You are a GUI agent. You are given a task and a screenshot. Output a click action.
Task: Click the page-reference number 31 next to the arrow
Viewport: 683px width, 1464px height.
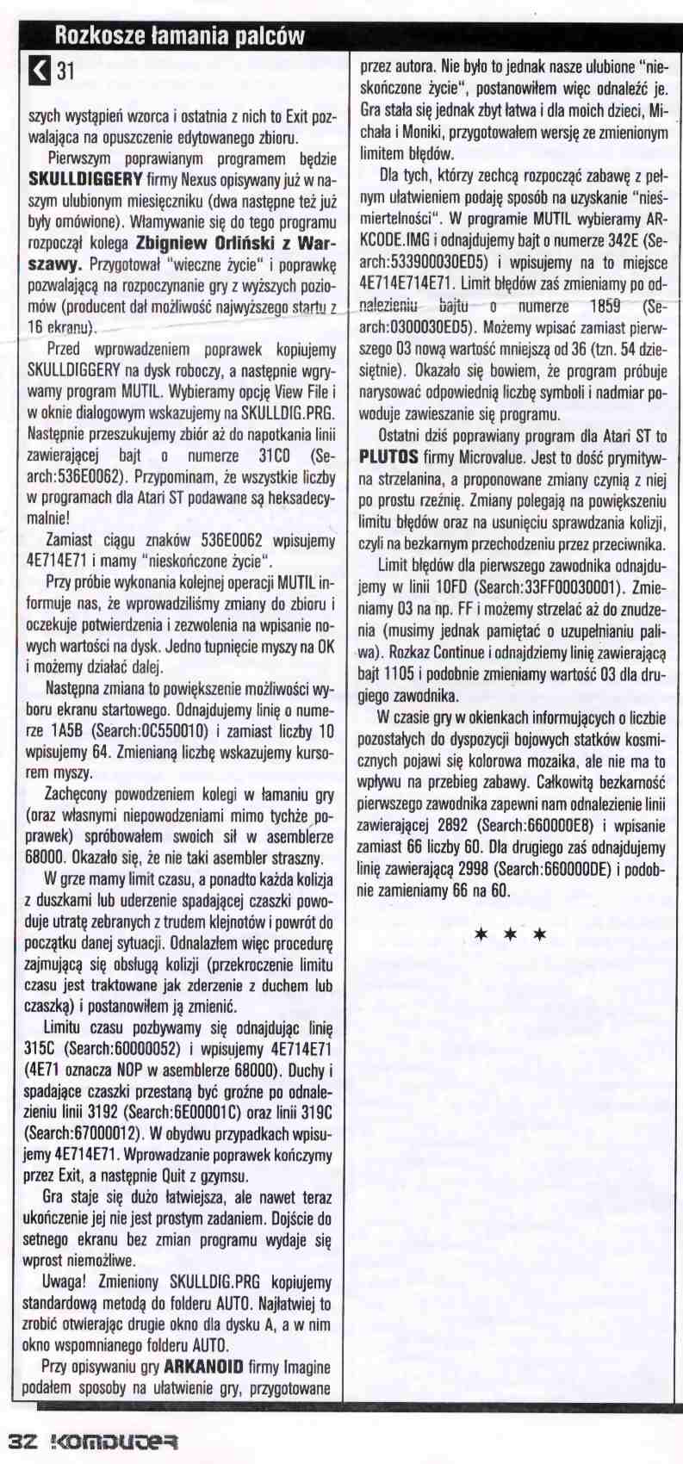pyautogui.click(x=65, y=72)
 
